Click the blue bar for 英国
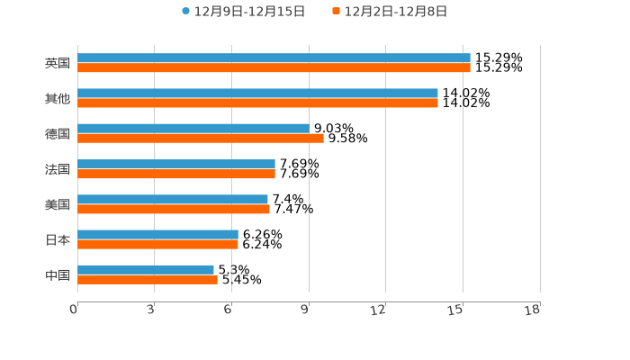click(x=274, y=58)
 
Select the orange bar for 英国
click(x=274, y=67)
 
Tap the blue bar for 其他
click(x=257, y=93)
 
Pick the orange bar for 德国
click(x=201, y=138)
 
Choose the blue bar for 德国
click(x=193, y=128)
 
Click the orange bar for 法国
click(x=176, y=174)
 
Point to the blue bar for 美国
click(x=173, y=199)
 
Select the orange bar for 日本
click(x=157, y=244)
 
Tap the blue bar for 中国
click(x=146, y=269)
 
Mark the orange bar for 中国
click(x=148, y=279)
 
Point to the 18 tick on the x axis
click(x=533, y=310)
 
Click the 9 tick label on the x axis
click(x=306, y=310)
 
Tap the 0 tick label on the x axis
click(x=74, y=310)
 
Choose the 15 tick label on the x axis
click(x=455, y=310)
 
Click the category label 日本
click(x=58, y=239)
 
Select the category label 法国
click(x=58, y=169)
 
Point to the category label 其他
click(x=58, y=98)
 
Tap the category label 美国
click(x=58, y=204)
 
